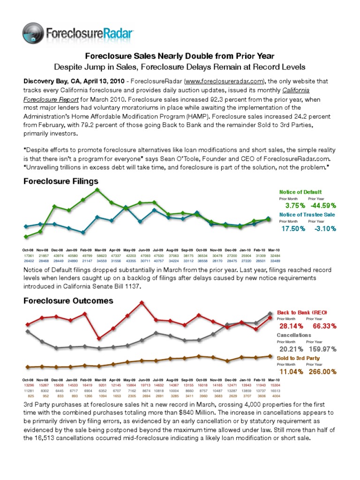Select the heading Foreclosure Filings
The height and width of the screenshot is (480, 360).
(61, 181)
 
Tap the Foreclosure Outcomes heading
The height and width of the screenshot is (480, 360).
(68, 300)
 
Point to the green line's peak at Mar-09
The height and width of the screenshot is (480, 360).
(97, 189)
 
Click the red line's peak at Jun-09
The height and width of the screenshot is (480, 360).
(142, 302)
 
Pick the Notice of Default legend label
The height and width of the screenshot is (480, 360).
(300, 192)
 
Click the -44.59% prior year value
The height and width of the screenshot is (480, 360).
(321, 205)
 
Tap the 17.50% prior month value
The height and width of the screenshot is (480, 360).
(293, 228)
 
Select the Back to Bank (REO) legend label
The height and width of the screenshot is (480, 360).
(302, 312)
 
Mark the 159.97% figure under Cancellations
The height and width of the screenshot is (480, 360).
(321, 349)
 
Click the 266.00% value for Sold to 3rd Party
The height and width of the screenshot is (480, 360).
(321, 371)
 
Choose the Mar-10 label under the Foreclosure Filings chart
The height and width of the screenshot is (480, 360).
(274, 250)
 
